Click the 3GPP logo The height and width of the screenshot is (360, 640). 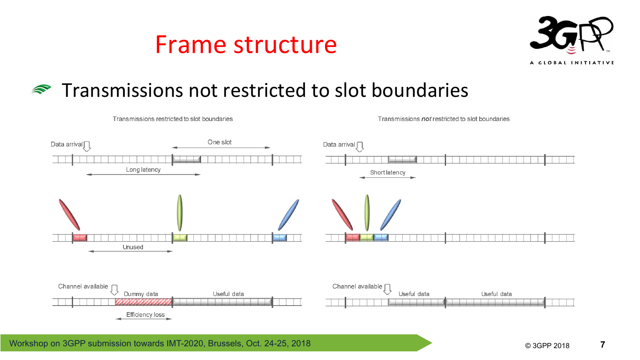coord(571,40)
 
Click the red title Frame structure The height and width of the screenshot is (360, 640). coord(246,44)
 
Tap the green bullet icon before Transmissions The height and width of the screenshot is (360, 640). coord(41,89)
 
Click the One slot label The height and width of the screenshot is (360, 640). coord(219,142)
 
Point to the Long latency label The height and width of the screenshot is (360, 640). coord(143,169)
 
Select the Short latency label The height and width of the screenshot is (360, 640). coord(388,172)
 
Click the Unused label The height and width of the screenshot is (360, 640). coord(133,247)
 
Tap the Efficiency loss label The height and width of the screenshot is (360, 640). coord(145,315)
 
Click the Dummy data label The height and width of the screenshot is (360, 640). coord(141,294)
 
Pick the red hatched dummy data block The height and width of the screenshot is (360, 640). coord(144,302)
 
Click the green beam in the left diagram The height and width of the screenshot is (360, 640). coord(180,212)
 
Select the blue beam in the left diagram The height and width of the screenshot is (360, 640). coord(288,215)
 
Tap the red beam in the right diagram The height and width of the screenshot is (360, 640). coord(342,215)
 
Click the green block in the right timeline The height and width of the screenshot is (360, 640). coord(367,237)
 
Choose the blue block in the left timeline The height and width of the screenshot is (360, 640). coord(279,237)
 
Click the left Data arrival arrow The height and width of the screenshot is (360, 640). coord(87,146)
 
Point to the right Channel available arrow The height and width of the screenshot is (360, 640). coord(388,289)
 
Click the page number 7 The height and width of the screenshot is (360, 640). coord(603,344)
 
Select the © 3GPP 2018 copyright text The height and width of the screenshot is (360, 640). coord(547,346)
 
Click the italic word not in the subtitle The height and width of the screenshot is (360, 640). coord(426,119)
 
